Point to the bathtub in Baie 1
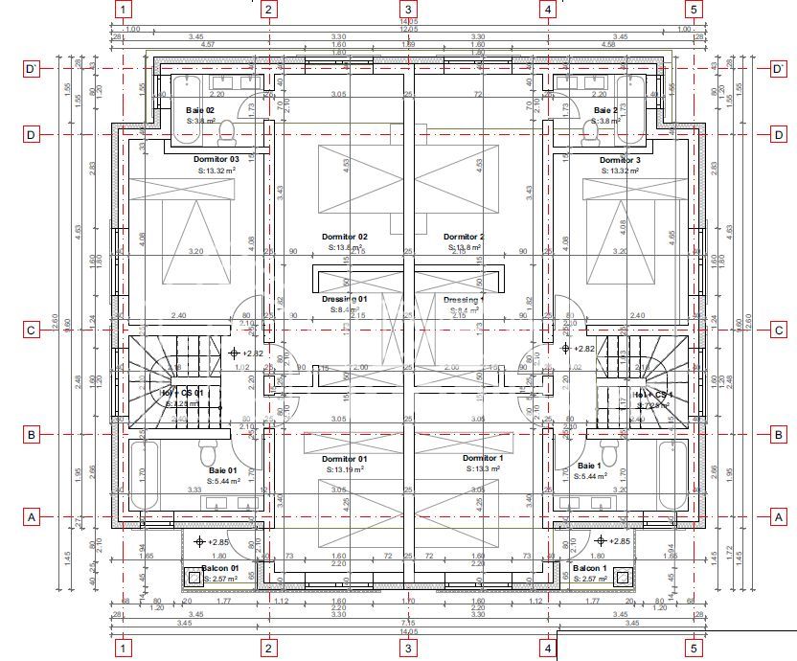(674, 475)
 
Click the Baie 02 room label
(199, 110)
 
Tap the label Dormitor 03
(216, 159)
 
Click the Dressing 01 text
(344, 299)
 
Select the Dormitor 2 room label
(464, 237)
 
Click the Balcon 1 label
(586, 568)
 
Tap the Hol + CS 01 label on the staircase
(181, 393)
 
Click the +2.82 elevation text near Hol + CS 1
(583, 350)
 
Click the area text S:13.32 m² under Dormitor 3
(619, 171)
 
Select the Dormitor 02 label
(344, 237)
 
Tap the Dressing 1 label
(465, 299)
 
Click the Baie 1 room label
(589, 466)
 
